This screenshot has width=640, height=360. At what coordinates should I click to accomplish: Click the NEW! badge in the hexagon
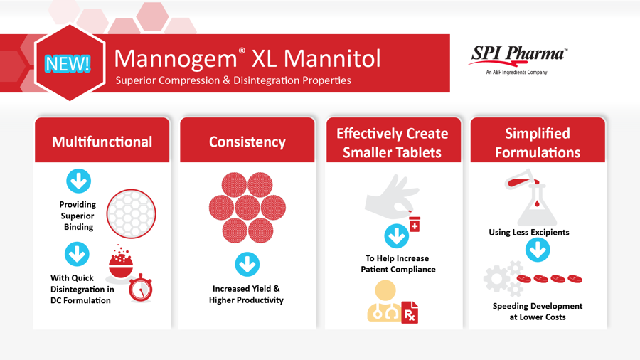(68, 63)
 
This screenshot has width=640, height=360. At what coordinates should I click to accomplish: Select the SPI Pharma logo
(517, 60)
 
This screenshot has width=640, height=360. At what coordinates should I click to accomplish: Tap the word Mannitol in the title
(332, 58)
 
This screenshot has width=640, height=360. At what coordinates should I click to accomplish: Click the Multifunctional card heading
(102, 142)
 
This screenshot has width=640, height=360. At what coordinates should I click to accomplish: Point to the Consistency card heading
(247, 142)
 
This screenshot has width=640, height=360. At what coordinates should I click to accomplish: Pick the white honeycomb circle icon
(131, 213)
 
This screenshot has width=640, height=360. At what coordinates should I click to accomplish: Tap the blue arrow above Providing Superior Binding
(78, 181)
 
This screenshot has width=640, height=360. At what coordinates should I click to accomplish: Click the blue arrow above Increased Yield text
(247, 265)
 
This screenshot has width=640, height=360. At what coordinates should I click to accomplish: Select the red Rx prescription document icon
(410, 312)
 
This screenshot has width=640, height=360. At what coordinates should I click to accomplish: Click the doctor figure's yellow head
(385, 290)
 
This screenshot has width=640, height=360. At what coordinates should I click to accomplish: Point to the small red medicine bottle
(415, 224)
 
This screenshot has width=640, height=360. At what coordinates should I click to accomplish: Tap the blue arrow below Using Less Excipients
(538, 250)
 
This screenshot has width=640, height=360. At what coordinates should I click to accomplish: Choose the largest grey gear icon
(497, 279)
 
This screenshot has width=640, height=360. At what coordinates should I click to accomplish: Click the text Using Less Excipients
(529, 232)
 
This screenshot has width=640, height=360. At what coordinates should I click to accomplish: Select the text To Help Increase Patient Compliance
(398, 264)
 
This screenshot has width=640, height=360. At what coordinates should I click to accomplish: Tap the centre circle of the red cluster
(247, 207)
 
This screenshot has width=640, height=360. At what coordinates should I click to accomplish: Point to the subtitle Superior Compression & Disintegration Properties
(233, 80)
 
